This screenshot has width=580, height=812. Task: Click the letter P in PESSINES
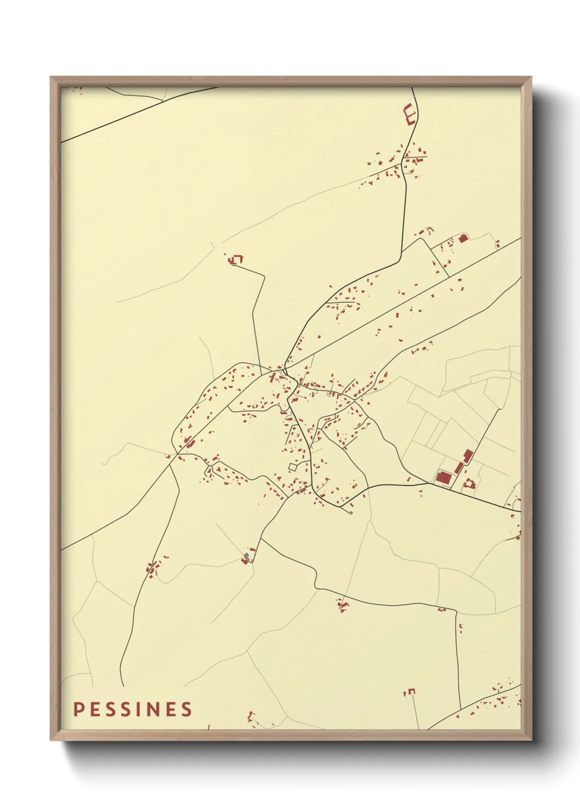pos(78,709)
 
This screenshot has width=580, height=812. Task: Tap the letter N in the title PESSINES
pos(155,709)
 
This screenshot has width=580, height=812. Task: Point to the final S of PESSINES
pos(187,709)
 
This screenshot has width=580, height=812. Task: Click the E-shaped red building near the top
pos(410,114)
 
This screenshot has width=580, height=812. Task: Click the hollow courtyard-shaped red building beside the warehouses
pos(469,484)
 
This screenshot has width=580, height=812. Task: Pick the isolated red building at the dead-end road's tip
pos(237,259)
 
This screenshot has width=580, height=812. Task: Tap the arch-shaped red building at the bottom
pos(410,692)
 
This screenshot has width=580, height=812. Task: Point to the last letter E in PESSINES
pos(171,709)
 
